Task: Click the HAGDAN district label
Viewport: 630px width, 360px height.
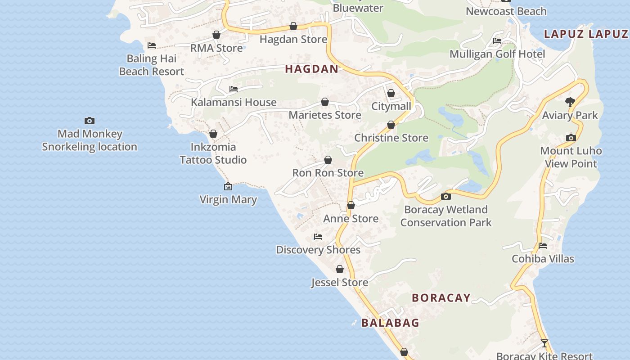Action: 311,69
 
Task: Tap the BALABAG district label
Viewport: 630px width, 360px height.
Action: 390,323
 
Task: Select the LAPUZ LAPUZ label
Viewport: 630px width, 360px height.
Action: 586,34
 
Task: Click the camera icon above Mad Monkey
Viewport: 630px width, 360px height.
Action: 90,121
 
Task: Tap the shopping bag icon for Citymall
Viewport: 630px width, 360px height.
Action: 391,93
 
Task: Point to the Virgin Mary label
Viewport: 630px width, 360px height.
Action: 228,199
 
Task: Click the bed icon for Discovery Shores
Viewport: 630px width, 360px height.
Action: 318,237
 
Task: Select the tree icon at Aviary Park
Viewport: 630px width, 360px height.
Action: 570,102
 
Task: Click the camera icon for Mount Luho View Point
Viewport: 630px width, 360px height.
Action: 571,138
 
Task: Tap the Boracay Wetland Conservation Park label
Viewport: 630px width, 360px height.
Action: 446,216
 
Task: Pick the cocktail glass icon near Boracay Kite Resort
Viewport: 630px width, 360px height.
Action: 544,343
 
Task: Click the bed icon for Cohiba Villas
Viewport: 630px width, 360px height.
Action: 543,246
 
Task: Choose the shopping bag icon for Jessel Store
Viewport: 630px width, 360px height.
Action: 340,269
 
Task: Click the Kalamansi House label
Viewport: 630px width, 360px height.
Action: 234,102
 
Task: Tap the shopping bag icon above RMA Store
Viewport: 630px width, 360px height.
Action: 216,35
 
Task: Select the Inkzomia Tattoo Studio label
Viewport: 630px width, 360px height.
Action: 213,153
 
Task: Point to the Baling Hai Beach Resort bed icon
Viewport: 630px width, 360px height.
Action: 152,45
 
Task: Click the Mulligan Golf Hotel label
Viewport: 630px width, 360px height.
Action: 497,54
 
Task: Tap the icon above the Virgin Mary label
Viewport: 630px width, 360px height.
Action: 228,186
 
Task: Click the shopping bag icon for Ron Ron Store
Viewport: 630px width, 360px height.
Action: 328,160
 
